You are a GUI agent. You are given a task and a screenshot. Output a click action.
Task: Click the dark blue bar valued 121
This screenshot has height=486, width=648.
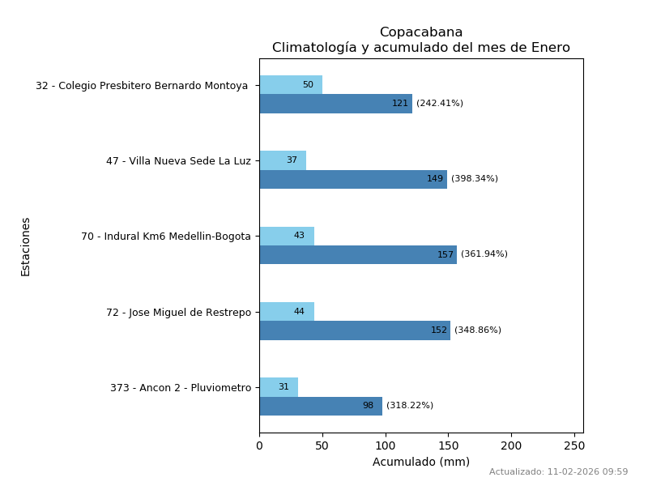click(x=335, y=104)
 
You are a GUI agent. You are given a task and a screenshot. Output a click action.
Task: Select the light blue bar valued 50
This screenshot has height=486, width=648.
click(x=291, y=85)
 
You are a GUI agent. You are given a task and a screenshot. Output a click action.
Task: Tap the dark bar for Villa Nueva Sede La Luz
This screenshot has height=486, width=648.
click(x=353, y=179)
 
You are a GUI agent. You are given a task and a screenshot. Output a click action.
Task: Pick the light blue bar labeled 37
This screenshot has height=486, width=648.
click(x=283, y=160)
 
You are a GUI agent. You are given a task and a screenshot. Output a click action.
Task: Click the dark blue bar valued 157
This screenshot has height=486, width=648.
click(x=358, y=254)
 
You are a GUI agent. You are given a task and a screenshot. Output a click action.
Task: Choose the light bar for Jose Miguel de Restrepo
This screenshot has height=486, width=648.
click(x=287, y=312)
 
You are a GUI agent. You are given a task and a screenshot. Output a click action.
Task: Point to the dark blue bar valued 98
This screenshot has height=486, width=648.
click(x=321, y=406)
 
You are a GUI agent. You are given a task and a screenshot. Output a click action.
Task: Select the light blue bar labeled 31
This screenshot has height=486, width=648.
click(x=279, y=387)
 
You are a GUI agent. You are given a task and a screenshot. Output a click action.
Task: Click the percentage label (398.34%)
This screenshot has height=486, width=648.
click(x=475, y=179)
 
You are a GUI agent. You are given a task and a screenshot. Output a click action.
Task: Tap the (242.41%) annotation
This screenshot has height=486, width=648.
click(x=440, y=104)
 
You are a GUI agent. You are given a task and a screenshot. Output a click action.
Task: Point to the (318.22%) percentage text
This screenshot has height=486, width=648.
click(x=410, y=406)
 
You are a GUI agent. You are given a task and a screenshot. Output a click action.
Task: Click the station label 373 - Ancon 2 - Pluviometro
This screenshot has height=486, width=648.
click(x=181, y=388)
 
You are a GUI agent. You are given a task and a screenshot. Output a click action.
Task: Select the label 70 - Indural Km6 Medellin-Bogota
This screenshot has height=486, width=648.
click(x=166, y=237)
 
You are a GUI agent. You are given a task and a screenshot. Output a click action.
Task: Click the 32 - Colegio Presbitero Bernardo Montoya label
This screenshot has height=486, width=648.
click(x=143, y=86)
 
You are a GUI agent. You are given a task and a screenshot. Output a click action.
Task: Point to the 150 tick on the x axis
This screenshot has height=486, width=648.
click(x=449, y=446)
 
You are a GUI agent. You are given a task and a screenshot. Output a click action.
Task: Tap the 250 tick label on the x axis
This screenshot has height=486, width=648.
click(x=574, y=446)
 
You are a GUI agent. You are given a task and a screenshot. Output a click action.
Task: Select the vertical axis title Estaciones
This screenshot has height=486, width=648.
click(x=26, y=246)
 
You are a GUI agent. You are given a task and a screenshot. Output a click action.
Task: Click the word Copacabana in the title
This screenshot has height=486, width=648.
click(x=421, y=32)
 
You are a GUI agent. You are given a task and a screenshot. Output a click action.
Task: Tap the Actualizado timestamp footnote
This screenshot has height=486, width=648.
click(x=558, y=471)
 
